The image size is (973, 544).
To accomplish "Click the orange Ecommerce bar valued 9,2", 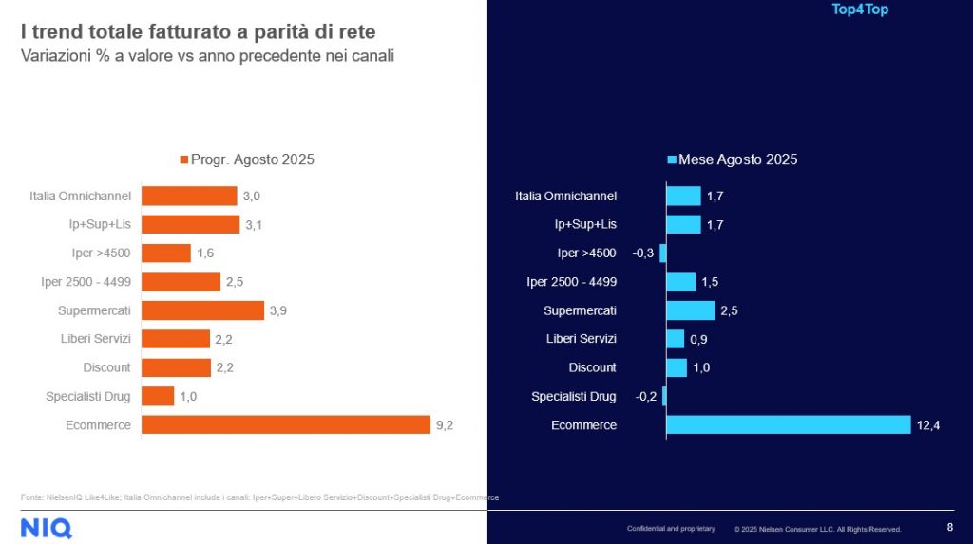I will coord(286,424).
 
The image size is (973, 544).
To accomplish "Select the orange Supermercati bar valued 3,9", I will coord(202,310).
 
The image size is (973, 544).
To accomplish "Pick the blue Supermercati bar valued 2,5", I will coord(690,310).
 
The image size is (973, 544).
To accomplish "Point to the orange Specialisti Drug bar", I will coord(158,396).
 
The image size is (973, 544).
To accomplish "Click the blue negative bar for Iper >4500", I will coord(663,253).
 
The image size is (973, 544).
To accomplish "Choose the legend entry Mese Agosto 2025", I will coord(733,159).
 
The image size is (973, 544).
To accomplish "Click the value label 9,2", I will coord(445,425).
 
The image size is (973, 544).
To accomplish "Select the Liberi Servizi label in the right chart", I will coord(581,339).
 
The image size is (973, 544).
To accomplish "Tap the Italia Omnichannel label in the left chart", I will coord(80,197).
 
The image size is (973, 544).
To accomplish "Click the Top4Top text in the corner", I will coord(860,10).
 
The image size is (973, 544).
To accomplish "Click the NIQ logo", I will coord(46,528).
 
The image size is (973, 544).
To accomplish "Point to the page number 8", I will coord(950,528).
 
